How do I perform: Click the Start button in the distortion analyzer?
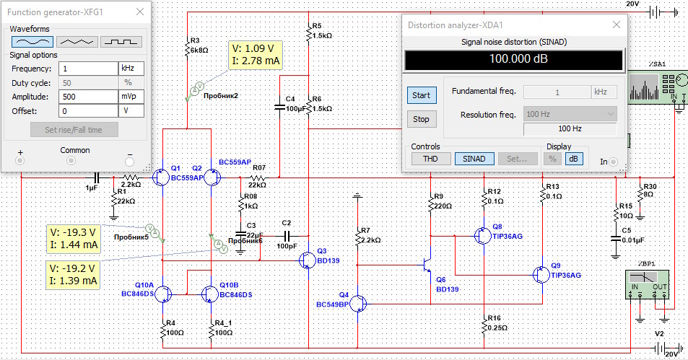click(x=421, y=95)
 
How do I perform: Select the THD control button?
click(x=430, y=159)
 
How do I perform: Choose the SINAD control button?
click(x=474, y=159)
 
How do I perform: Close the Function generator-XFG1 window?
click(x=139, y=12)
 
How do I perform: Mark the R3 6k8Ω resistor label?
click(x=199, y=46)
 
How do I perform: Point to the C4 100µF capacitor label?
click(x=294, y=103)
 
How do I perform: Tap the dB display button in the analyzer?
click(x=574, y=159)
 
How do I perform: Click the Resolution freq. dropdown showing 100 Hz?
click(x=570, y=114)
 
